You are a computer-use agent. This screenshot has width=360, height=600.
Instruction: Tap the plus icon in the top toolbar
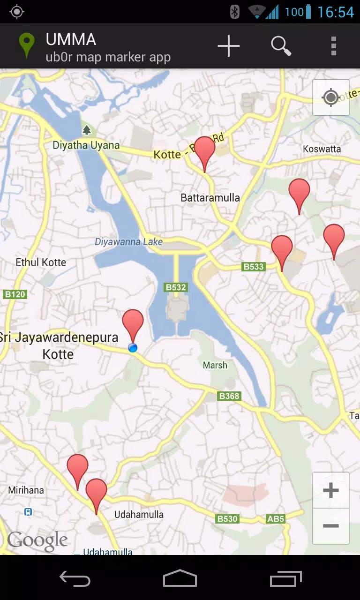229,46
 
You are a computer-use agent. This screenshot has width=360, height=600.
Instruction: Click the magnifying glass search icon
281,46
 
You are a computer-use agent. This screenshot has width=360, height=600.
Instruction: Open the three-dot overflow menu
333,46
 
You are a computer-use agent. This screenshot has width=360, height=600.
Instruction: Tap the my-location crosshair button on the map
331,97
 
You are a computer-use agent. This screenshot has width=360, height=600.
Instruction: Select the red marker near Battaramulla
205,150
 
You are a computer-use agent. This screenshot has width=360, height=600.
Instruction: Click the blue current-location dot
133,347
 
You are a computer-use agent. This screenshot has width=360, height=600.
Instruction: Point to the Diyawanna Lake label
128,242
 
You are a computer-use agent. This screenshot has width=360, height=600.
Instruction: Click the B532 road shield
176,287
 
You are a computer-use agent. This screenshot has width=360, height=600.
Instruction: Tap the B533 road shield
254,267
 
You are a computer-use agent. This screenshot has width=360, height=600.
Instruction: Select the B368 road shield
229,396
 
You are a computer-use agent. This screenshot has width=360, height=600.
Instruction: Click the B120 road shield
15,294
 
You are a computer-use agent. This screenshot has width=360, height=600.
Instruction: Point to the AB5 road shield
276,519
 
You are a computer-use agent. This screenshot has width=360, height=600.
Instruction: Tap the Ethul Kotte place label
41,262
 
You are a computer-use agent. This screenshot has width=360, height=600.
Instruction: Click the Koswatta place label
322,149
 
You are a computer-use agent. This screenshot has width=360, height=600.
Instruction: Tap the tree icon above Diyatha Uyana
86,130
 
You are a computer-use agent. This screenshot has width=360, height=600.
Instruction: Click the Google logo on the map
37,541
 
